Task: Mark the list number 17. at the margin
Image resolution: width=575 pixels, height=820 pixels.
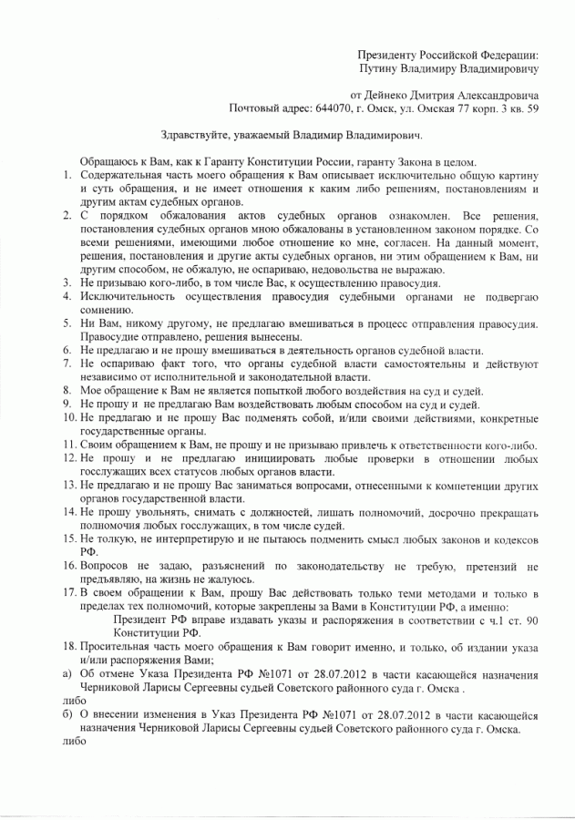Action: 69,591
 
